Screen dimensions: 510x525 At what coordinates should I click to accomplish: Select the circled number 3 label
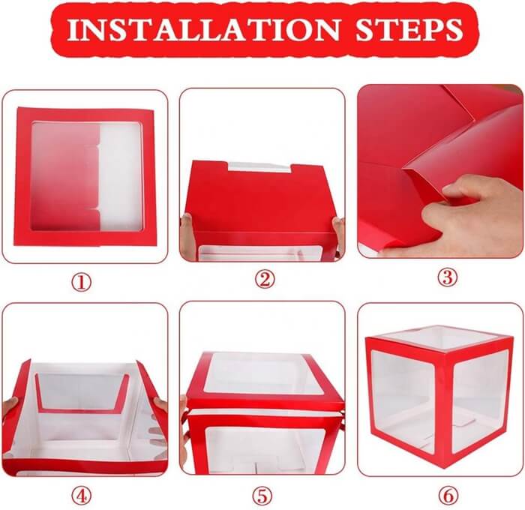pos(447,277)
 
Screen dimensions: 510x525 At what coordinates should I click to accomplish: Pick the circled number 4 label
pos(82,495)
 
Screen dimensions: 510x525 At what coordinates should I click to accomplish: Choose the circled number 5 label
pos(262,495)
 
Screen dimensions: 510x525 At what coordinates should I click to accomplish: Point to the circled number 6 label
pos(447,495)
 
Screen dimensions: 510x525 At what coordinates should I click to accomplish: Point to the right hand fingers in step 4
pos(160,420)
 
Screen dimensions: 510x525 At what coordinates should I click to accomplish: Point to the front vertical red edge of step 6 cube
pos(447,409)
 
